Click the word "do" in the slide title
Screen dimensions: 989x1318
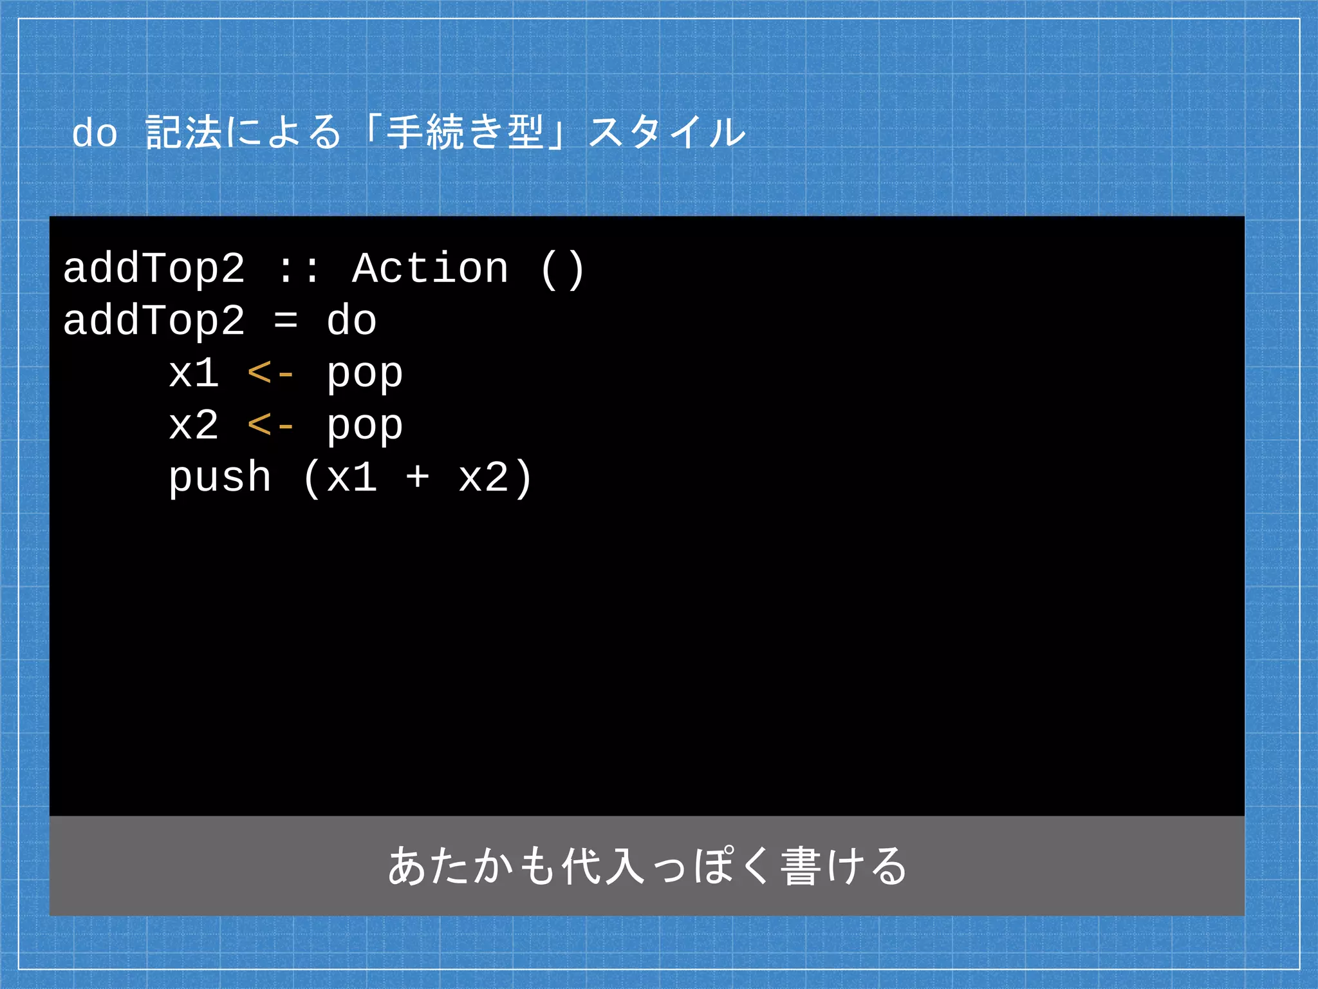(95, 134)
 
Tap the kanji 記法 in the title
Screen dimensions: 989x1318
(183, 133)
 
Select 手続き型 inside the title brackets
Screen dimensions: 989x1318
(465, 133)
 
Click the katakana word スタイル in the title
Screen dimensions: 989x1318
(667, 133)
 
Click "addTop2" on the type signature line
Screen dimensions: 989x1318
(154, 268)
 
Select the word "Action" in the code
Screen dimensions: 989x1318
(431, 268)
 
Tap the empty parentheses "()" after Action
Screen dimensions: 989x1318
(562, 270)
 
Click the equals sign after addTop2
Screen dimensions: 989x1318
(285, 321)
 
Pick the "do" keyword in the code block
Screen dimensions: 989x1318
(351, 321)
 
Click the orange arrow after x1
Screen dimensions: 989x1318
(271, 373)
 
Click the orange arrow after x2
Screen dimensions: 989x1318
(271, 426)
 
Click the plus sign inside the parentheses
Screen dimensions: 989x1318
(417, 478)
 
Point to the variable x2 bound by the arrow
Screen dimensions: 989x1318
(194, 426)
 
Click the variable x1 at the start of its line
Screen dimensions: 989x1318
(194, 373)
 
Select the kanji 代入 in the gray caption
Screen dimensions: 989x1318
(603, 866)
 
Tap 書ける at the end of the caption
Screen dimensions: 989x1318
(843, 866)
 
